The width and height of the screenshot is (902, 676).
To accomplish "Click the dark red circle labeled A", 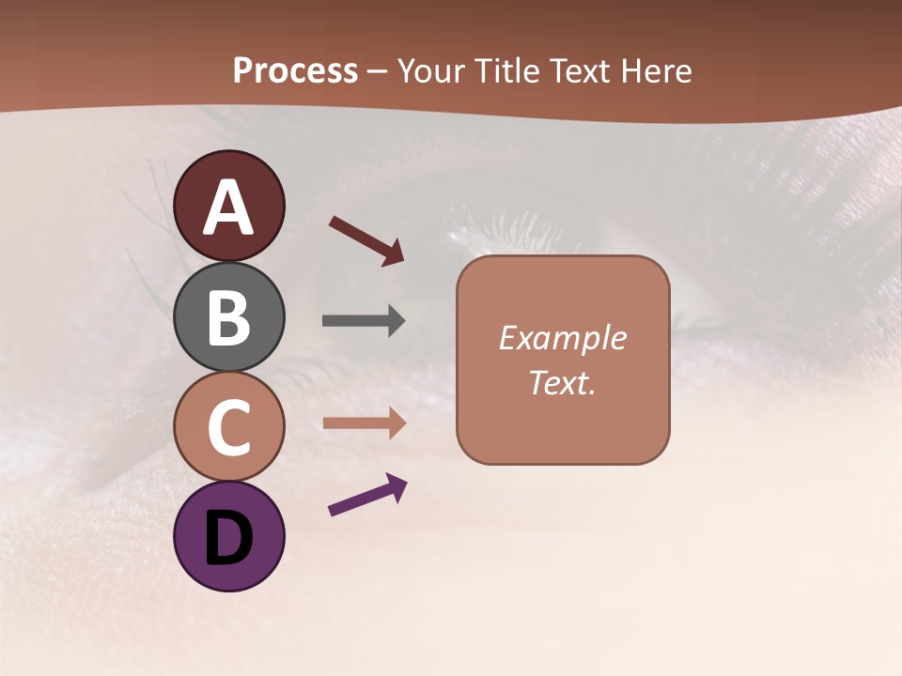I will point(229,206).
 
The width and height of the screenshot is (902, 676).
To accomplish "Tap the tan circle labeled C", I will point(229,426).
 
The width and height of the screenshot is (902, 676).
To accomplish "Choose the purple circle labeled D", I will point(229,536).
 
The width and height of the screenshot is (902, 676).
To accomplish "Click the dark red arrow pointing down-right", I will point(365,239).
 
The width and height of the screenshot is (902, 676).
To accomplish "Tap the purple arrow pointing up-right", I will point(366,495).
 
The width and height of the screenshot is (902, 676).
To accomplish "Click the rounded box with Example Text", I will point(563,360).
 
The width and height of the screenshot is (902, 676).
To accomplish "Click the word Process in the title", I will point(295,71).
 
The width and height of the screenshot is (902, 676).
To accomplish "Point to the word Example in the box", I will point(563,338).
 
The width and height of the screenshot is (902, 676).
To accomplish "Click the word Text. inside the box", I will point(563,383).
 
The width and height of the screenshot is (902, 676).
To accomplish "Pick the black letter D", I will point(229,538).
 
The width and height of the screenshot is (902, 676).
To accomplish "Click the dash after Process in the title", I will point(378,72).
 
